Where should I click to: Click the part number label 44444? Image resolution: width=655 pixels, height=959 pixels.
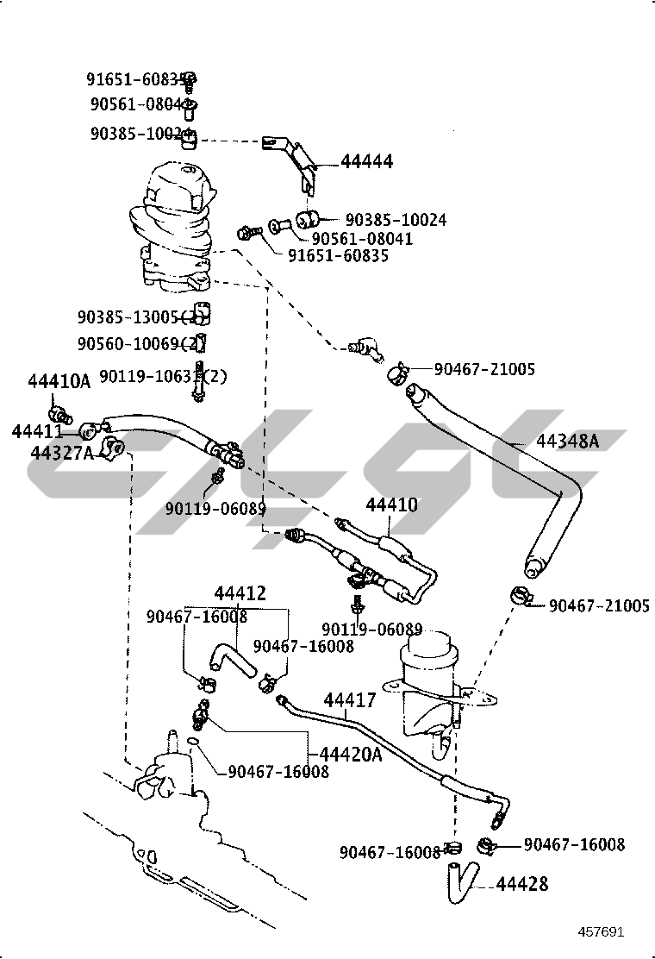pos(366,161)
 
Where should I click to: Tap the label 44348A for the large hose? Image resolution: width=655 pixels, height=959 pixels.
pos(566,441)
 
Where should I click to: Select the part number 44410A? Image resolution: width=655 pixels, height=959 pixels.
pos(59,381)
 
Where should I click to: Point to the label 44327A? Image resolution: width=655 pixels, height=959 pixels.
pos(61,452)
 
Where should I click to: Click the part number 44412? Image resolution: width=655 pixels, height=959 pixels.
pos(240,594)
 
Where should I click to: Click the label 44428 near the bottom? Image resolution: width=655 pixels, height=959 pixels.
pos(521,884)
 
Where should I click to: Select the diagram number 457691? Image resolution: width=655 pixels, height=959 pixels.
pos(601,931)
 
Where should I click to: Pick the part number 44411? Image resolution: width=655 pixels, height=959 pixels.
pos(37,431)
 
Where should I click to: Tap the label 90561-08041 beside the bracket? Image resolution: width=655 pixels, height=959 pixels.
pos(362,239)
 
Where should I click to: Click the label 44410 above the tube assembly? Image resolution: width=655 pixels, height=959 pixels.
pos(391,505)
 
